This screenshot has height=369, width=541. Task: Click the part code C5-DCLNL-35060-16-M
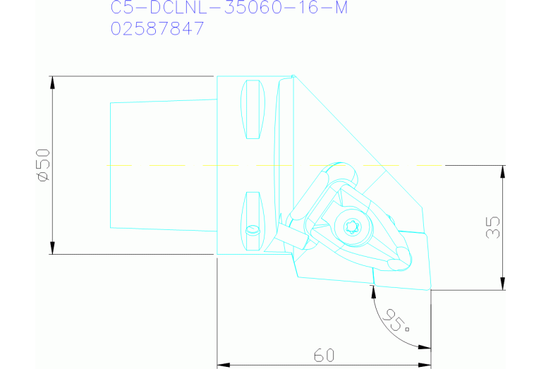click(x=229, y=8)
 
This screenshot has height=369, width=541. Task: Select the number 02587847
click(x=157, y=29)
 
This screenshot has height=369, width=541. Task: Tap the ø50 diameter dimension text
click(x=42, y=165)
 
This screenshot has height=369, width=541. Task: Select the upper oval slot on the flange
click(x=253, y=109)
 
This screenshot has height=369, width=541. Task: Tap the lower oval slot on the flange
click(x=253, y=220)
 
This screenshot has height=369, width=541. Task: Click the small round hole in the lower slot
click(x=253, y=230)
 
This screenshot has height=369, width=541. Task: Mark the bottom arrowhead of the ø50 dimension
click(x=53, y=248)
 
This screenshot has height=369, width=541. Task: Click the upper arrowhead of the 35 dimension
click(x=503, y=171)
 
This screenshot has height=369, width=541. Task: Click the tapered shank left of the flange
click(x=162, y=165)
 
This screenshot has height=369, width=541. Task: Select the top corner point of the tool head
click(x=293, y=76)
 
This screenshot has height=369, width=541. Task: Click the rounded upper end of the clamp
click(x=344, y=173)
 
